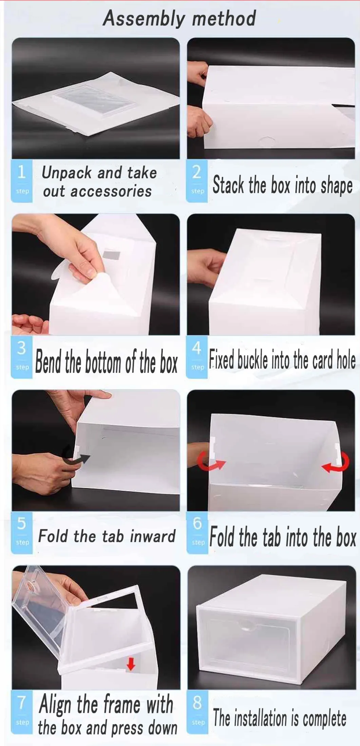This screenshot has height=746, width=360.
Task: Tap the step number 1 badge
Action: pos(22,181)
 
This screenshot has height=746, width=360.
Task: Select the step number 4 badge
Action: pos(197,357)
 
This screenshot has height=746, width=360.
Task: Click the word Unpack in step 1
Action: pos(67,173)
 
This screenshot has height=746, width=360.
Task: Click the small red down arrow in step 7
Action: pos(131,663)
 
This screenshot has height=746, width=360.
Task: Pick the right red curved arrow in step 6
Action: pos(336,463)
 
